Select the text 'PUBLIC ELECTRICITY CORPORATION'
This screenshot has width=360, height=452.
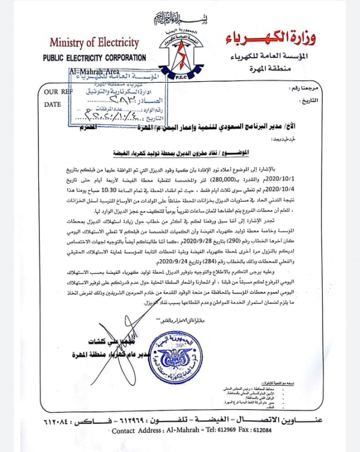(x=94, y=58)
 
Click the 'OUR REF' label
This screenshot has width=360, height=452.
(x=59, y=92)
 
